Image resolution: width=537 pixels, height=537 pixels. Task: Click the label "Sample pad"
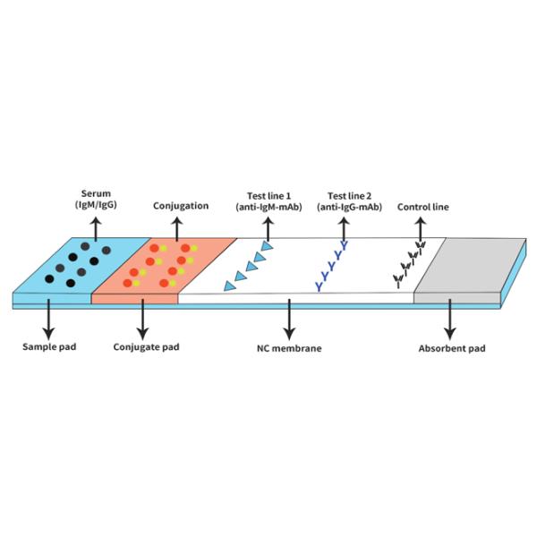[x=49, y=346]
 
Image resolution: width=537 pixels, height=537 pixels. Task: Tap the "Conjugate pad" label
[x=146, y=347]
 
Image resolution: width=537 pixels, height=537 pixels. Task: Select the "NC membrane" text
[x=289, y=348]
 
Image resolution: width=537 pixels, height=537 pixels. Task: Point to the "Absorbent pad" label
[x=452, y=349]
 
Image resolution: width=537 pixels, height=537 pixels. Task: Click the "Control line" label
[x=423, y=207]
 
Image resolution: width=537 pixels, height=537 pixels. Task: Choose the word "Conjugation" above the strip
[x=181, y=206]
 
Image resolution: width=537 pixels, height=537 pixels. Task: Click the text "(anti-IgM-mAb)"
[x=268, y=208]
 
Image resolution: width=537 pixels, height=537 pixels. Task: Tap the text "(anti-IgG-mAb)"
[x=349, y=208]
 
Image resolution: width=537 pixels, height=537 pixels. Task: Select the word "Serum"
[x=96, y=193]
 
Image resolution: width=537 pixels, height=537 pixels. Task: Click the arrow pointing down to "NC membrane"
[x=289, y=320]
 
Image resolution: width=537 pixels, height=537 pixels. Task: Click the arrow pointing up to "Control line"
[x=421, y=229]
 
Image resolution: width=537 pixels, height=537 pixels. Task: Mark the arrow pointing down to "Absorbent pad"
[x=450, y=320]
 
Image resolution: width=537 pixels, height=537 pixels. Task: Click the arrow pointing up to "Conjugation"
[x=176, y=229]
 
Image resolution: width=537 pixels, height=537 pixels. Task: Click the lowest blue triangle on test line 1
[x=229, y=286]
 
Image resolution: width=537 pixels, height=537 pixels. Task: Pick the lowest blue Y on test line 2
[x=320, y=287]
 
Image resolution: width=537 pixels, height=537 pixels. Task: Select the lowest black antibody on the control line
[x=398, y=281]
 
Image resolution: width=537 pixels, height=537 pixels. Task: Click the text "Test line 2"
[x=349, y=196]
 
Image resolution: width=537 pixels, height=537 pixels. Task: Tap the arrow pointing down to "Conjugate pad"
[x=142, y=320]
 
